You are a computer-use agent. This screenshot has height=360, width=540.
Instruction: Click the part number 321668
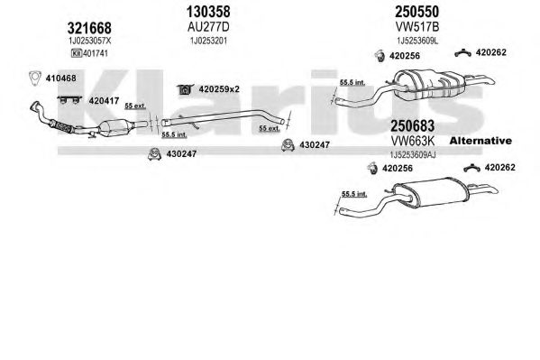pyautogui.click(x=89, y=28)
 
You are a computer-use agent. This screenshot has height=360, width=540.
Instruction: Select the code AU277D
pyautogui.click(x=208, y=27)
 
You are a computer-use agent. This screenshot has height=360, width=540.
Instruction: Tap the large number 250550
pyautogui.click(x=416, y=12)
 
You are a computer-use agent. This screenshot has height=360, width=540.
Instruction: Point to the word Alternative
pyautogui.click(x=481, y=141)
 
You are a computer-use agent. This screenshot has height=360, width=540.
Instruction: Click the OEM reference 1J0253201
pyautogui.click(x=209, y=41)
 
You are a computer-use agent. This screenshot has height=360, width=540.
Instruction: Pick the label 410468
pyautogui.click(x=61, y=78)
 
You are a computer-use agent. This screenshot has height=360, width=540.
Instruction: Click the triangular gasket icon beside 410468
pyautogui.click(x=35, y=78)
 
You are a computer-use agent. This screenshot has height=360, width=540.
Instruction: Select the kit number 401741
pyautogui.click(x=95, y=53)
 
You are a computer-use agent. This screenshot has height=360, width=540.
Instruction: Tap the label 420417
pyautogui.click(x=104, y=101)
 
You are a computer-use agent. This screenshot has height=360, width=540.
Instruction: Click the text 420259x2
pyautogui.click(x=219, y=89)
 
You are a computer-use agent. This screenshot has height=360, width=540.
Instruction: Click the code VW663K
pyautogui.click(x=413, y=141)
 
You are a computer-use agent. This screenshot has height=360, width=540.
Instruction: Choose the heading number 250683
pyautogui.click(x=412, y=126)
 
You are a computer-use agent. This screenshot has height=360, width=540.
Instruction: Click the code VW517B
pyautogui.click(x=417, y=27)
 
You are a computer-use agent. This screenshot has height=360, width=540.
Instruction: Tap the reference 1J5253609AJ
pyautogui.click(x=413, y=155)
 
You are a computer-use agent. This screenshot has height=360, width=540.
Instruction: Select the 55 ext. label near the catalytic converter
pyautogui.click(x=135, y=106)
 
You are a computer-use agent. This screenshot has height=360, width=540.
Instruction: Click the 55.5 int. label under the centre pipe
pyautogui.click(x=174, y=134)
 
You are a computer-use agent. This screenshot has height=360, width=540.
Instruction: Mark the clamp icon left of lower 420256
pyautogui.click(x=371, y=168)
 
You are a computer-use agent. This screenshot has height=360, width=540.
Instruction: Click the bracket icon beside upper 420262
pyautogui.click(x=462, y=52)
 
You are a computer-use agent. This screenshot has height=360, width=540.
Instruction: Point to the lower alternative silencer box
pyautogui.click(x=431, y=192)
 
